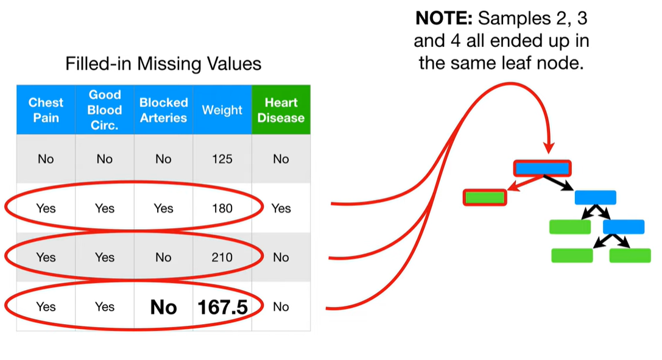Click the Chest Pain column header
(46, 110)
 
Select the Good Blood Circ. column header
(105, 110)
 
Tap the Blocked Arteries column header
(163, 110)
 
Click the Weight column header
(222, 110)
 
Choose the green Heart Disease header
(281, 110)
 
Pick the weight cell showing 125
(222, 159)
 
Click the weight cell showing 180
(222, 208)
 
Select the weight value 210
(222, 258)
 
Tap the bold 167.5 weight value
(222, 307)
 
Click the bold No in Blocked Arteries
(163, 307)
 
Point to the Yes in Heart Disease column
(281, 208)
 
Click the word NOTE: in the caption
(444, 18)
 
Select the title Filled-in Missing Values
(163, 64)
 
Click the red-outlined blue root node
(543, 168)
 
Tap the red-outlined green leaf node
(485, 197)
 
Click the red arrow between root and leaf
(525, 183)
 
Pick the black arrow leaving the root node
(558, 183)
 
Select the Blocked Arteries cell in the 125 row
(163, 159)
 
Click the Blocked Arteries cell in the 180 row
(163, 208)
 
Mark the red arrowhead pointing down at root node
(549, 147)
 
